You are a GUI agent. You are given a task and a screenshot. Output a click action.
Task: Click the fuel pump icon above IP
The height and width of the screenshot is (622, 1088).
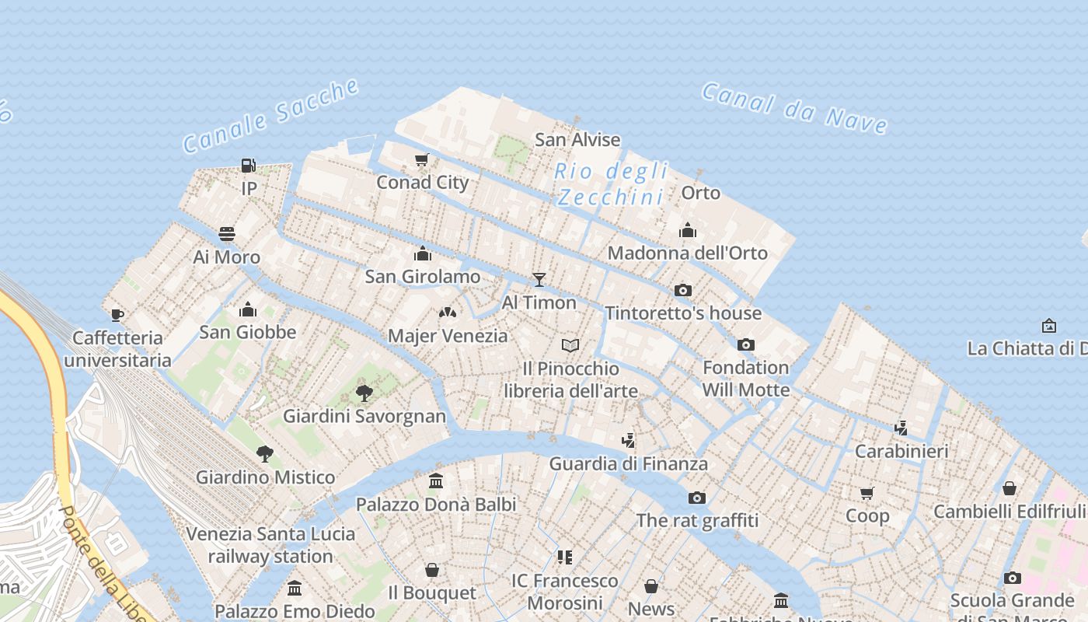249,165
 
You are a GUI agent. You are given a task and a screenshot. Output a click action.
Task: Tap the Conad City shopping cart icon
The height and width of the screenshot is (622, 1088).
422,159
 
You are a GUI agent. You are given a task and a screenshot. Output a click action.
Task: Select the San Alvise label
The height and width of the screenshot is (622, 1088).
577,140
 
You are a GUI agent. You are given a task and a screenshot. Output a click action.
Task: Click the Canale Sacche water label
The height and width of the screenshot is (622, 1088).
270,117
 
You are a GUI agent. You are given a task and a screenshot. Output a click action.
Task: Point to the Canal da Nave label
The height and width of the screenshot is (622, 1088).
794,107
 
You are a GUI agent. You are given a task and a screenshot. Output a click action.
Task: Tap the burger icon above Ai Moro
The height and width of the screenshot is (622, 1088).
227,234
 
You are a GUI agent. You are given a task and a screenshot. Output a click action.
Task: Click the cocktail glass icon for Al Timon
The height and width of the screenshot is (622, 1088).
539,280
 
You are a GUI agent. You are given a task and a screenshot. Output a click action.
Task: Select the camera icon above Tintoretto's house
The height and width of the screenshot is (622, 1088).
683,290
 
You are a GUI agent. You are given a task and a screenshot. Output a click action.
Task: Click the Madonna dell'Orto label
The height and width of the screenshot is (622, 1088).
687,253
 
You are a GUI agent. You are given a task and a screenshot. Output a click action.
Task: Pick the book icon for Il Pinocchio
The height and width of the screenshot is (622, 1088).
570,345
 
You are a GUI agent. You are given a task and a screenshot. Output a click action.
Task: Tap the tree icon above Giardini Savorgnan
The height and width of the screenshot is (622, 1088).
364,393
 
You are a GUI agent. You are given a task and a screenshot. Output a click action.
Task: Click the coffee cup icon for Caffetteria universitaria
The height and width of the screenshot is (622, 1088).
117,315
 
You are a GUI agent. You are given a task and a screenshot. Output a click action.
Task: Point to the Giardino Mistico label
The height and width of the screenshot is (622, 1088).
265,477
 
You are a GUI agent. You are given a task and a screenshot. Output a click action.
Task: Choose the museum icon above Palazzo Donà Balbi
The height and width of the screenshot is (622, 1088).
436,481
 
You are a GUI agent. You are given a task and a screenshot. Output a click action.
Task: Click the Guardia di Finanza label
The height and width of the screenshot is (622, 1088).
628,463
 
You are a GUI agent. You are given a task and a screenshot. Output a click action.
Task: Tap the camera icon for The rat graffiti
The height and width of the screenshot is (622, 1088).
697,498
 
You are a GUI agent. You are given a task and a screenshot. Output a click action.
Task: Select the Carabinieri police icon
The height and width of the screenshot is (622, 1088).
901,428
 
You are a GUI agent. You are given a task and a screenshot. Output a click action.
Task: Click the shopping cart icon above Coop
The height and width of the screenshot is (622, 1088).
867,492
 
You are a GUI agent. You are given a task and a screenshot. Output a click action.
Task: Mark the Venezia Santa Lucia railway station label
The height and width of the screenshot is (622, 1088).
270,545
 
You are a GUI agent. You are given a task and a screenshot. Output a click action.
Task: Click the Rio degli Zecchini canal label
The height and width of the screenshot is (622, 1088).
611,183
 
